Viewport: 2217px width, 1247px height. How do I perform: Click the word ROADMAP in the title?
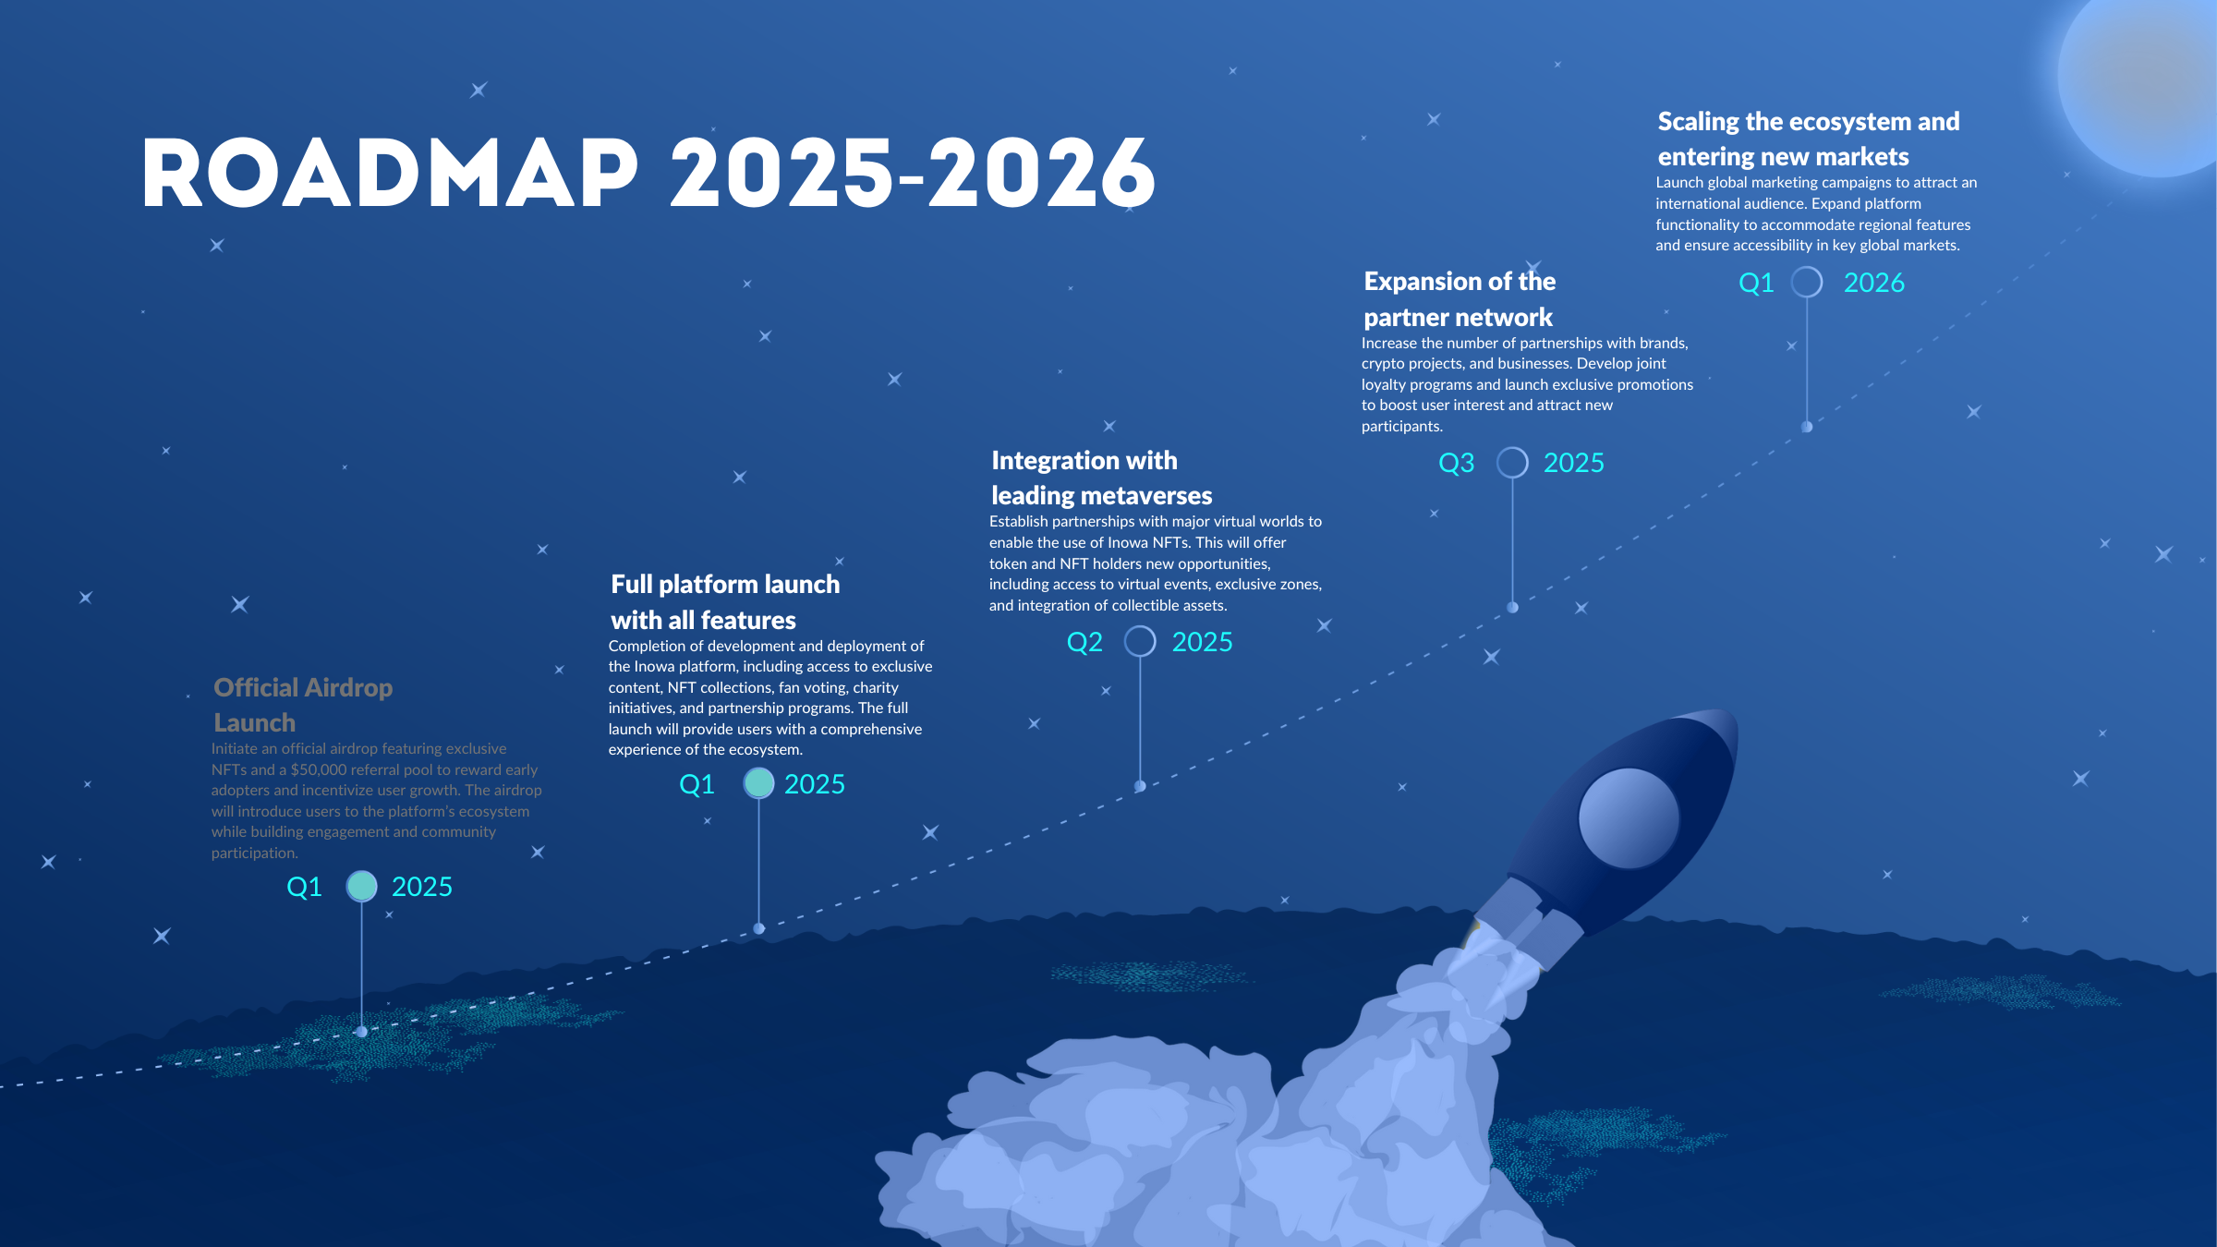coord(390,173)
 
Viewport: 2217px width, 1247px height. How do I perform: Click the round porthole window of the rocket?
coord(1629,818)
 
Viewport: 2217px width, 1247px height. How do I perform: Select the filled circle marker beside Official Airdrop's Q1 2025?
coord(361,886)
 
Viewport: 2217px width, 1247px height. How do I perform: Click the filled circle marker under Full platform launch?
coord(758,783)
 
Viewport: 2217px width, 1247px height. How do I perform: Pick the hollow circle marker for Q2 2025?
coord(1140,641)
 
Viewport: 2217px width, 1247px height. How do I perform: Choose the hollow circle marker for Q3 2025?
coord(1512,462)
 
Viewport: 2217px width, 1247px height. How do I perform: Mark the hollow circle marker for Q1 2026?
coord(1807,282)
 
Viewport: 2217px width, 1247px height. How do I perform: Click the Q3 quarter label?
coord(1457,463)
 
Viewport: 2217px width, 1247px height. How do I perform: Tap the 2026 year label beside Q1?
coord(1874,283)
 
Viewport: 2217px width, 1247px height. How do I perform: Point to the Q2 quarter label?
coord(1084,642)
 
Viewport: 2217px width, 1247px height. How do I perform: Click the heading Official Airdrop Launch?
coord(303,705)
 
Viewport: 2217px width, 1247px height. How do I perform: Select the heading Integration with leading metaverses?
coord(1102,478)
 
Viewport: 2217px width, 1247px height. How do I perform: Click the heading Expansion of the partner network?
coord(1460,299)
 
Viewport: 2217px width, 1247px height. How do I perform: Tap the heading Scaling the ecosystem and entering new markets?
coord(1809,139)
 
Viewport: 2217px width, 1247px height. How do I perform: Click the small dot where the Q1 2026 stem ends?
coord(1807,427)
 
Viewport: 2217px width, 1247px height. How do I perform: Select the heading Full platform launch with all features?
coord(725,601)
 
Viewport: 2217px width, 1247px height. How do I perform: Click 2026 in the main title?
coord(1042,173)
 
